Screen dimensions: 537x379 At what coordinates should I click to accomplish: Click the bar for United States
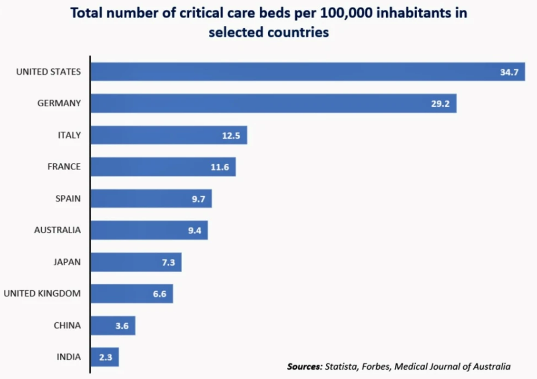308,71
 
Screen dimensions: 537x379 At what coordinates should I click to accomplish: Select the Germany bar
274,103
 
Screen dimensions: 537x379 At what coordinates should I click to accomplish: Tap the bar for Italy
169,135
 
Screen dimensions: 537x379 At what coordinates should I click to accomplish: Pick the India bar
105,357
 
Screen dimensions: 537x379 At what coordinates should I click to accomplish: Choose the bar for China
113,326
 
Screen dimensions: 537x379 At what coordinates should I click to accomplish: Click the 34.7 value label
509,72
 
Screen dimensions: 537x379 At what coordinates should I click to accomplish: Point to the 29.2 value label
440,103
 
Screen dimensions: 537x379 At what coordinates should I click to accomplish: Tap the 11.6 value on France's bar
220,167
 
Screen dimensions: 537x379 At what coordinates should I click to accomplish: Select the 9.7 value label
198,198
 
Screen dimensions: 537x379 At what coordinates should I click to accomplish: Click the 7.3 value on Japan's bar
168,262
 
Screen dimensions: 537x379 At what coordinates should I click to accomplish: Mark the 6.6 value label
159,294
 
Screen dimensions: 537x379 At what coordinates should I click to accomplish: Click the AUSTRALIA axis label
57,230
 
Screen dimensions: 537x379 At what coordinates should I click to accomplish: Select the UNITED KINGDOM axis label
42,293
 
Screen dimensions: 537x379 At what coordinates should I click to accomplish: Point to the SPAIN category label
68,198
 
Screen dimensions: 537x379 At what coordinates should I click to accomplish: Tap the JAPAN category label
67,262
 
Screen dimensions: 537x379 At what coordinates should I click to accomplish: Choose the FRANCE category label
64,167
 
